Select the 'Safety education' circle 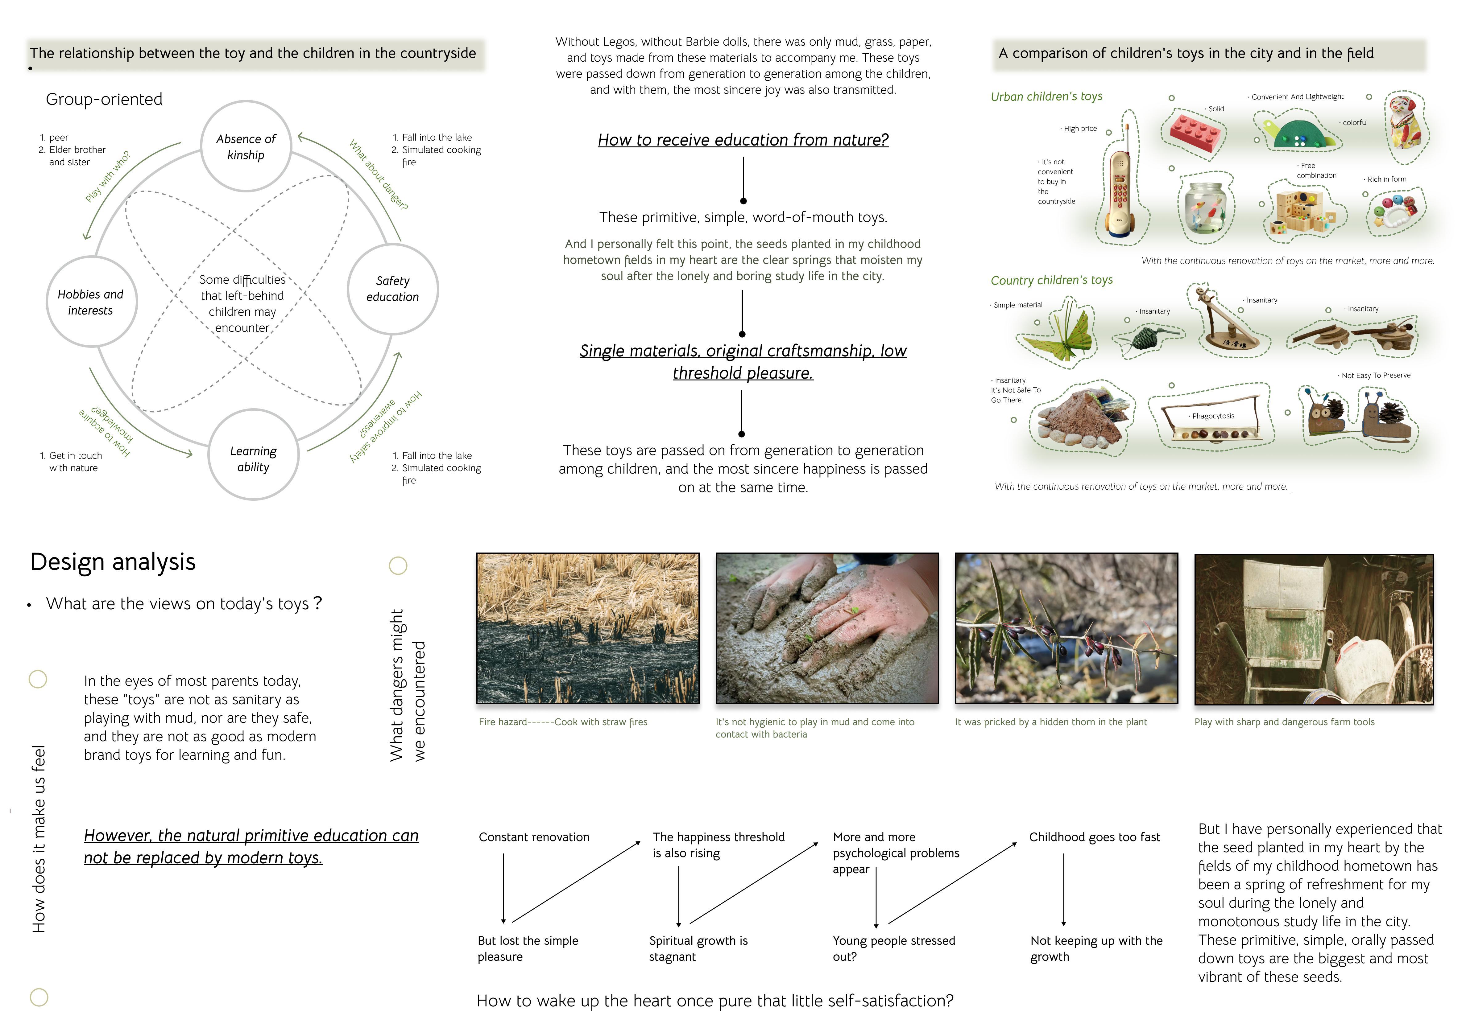[393, 289]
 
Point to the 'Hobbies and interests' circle [91, 302]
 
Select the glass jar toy [1205, 208]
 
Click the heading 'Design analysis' [113, 562]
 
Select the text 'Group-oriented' [104, 100]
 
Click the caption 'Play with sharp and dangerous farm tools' [1284, 722]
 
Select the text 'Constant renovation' [534, 837]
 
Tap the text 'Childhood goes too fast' [1094, 837]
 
